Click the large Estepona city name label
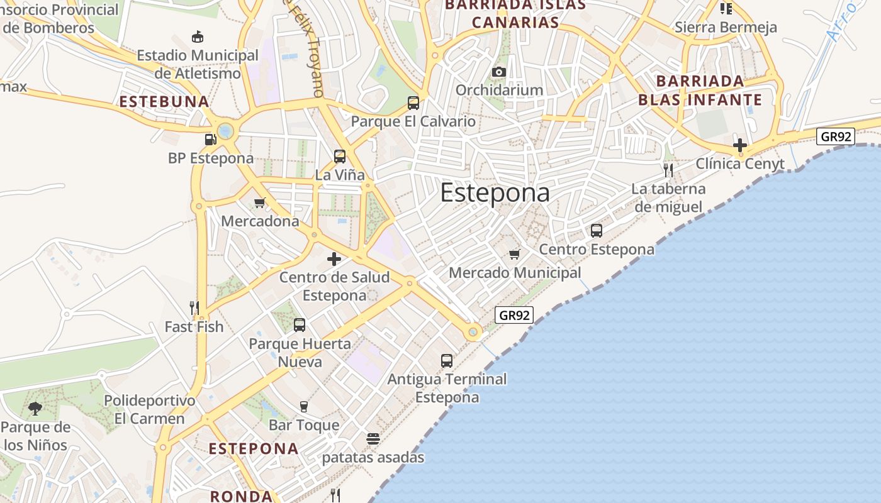pos(495,193)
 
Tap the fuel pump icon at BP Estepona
pos(210,140)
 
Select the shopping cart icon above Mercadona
pos(259,202)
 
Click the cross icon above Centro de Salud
pos(334,259)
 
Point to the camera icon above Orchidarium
pos(499,72)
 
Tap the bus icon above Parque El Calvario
pos(413,102)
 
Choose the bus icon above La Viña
pos(340,156)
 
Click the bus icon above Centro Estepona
pos(597,231)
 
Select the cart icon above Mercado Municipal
pos(515,254)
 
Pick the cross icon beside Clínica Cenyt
pos(740,145)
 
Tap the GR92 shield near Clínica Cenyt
pos(836,136)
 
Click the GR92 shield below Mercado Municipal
pos(514,315)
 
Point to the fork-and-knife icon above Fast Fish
pos(194,307)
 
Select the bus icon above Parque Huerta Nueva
pos(300,325)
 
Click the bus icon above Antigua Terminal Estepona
pos(447,361)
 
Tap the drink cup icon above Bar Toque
pos(304,406)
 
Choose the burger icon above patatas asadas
pos(373,438)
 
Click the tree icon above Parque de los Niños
pos(35,409)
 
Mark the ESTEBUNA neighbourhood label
pos(164,102)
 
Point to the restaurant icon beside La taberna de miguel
pos(668,169)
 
